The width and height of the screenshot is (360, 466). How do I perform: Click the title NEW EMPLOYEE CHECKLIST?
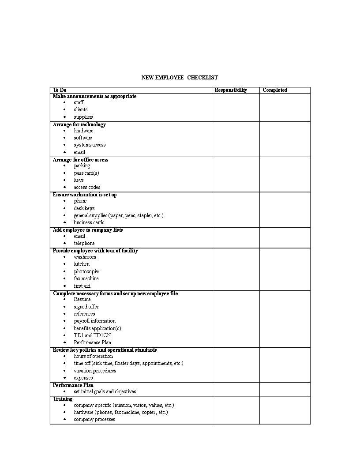click(x=179, y=78)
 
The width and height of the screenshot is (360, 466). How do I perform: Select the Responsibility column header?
click(x=231, y=90)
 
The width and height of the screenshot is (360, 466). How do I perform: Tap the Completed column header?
click(x=275, y=90)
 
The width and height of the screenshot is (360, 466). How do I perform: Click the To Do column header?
click(x=60, y=90)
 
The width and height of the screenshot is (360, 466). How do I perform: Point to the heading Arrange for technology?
click(x=79, y=124)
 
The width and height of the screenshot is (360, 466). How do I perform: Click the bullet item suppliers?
click(x=83, y=117)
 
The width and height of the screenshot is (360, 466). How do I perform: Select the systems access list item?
click(x=90, y=145)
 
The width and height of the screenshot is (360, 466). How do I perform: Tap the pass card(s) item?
click(x=86, y=173)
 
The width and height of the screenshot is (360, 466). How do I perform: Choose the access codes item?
click(x=87, y=187)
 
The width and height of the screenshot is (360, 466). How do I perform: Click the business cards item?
click(x=89, y=222)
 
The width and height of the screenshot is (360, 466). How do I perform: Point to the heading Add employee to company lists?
click(x=88, y=230)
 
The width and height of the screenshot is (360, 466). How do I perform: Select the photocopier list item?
click(x=86, y=271)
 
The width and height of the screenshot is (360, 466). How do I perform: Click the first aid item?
click(x=82, y=286)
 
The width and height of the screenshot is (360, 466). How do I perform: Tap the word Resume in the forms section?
click(x=82, y=299)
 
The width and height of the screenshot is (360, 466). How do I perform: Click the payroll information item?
click(x=94, y=321)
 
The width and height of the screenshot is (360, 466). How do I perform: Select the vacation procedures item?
click(x=95, y=371)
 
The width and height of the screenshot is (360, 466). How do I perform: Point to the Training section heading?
click(x=63, y=399)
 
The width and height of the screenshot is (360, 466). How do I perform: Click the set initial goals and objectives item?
click(x=105, y=391)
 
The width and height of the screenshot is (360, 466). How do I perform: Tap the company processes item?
click(x=94, y=419)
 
